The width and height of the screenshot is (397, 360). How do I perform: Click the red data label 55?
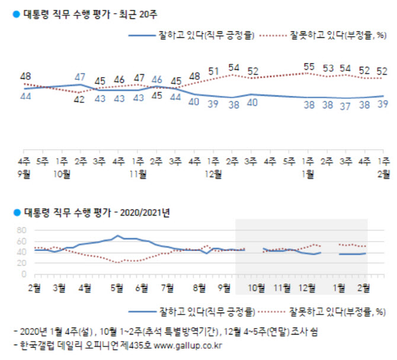[x=309, y=67]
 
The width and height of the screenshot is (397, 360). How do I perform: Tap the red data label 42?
[x=79, y=99]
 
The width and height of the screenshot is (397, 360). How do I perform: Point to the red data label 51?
[x=214, y=72]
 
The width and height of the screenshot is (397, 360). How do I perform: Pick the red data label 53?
[x=328, y=68]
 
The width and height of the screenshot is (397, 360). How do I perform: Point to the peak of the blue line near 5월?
[x=119, y=236]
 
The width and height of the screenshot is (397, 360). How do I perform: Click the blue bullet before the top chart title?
[x=16, y=12]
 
